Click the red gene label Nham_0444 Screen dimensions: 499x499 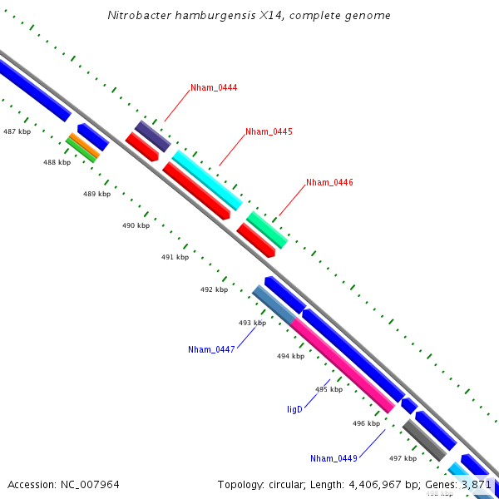point(214,87)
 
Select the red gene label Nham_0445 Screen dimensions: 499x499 point(269,131)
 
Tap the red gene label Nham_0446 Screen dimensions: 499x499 point(329,182)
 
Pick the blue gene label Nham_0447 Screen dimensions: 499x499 point(211,349)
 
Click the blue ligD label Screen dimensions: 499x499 point(294,409)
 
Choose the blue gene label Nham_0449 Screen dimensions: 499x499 point(333,458)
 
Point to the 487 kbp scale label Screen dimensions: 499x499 point(17,131)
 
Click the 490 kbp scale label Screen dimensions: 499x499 point(136,225)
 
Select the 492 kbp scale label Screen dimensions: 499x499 point(214,289)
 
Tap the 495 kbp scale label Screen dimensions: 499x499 point(329,389)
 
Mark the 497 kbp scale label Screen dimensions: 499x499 point(403,458)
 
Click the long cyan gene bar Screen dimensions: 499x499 point(207,180)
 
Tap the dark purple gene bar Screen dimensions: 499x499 point(153,136)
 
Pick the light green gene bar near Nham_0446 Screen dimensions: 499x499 point(267,230)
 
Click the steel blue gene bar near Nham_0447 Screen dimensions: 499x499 point(274,304)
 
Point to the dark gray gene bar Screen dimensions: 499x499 point(423,440)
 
